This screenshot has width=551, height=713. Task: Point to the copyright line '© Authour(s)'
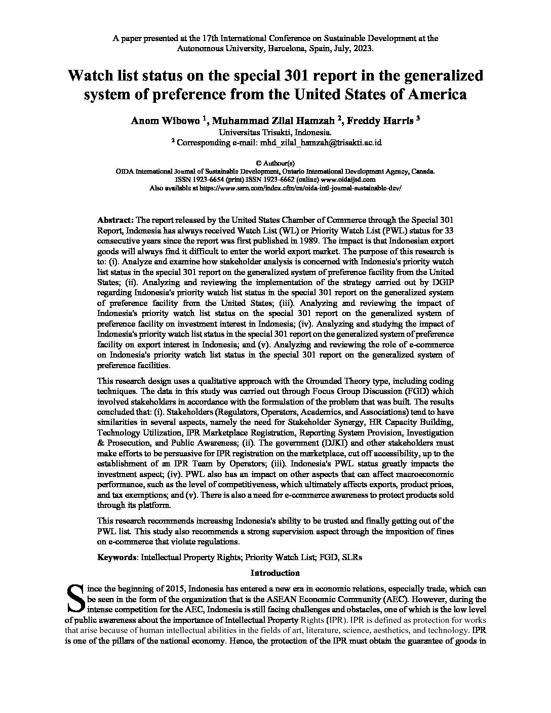(x=275, y=163)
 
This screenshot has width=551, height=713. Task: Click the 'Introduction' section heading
(x=275, y=573)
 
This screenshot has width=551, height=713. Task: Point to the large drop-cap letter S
(x=75, y=598)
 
